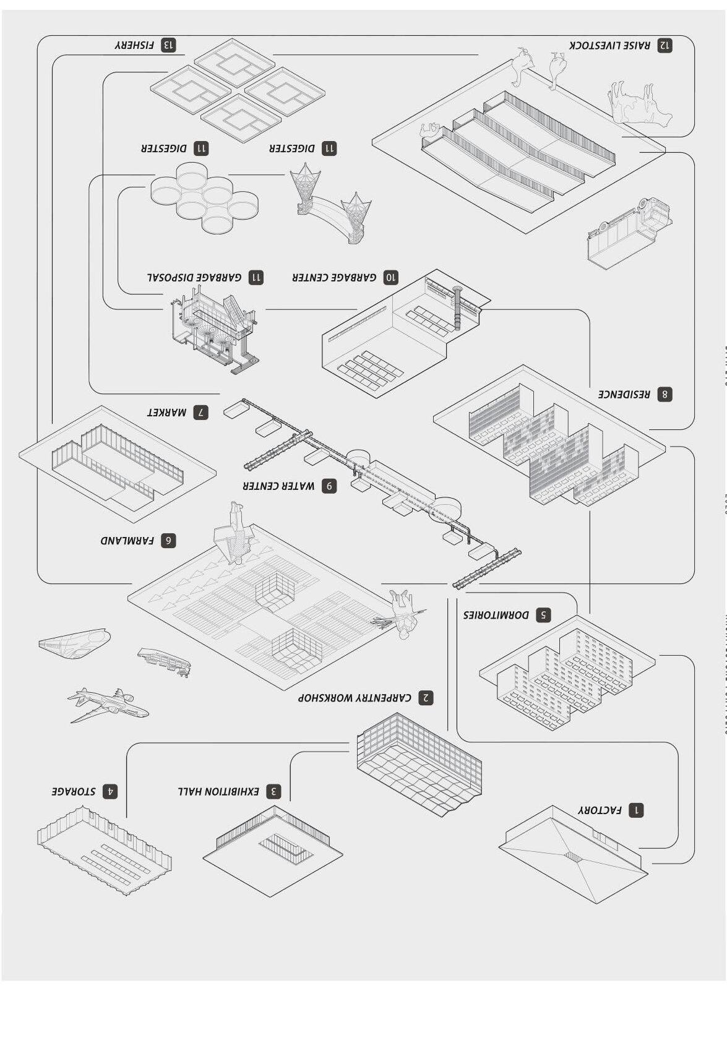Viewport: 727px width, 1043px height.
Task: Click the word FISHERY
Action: (x=134, y=45)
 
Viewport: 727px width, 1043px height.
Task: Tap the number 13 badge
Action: (x=168, y=45)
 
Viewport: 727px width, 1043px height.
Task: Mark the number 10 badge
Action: (x=390, y=277)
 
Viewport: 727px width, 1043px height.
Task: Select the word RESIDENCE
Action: (x=624, y=394)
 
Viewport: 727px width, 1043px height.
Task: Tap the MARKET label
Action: (x=166, y=412)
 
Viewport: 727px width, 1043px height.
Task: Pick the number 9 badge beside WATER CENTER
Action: (x=329, y=486)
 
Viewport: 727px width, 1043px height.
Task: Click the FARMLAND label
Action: (x=127, y=540)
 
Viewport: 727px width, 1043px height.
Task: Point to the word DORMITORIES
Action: (x=496, y=615)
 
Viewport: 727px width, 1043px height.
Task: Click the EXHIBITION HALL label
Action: (x=218, y=791)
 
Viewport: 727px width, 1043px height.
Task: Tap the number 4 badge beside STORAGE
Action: (x=110, y=791)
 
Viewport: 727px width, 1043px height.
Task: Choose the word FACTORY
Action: (x=600, y=810)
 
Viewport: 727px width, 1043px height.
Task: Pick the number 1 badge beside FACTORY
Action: (x=635, y=810)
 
